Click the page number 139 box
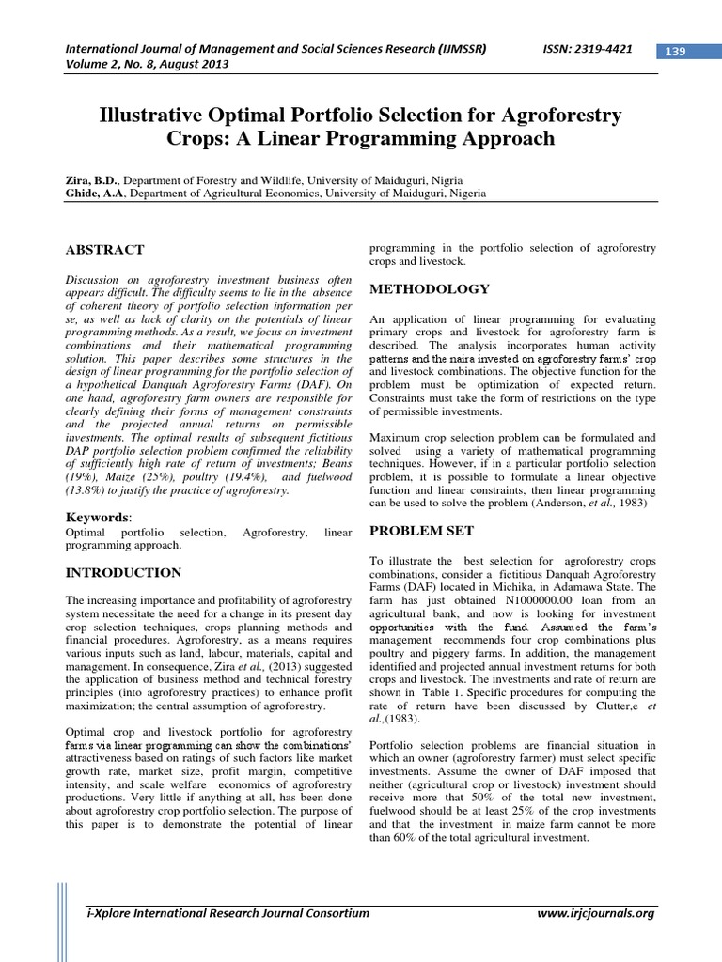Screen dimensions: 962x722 tap(674, 51)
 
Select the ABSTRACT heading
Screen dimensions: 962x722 tap(104, 250)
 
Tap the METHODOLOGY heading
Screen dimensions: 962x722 tap(430, 288)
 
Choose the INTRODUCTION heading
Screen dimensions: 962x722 tap(123, 572)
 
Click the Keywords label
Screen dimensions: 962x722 tap(97, 517)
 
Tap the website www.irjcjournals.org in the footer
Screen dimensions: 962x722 tap(595, 912)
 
